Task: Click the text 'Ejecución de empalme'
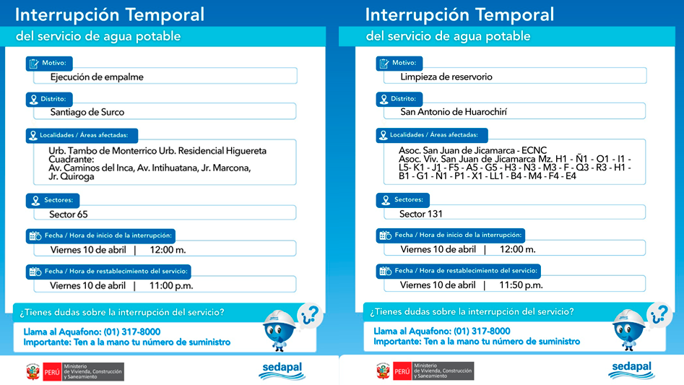(x=97, y=77)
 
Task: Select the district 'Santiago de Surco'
(x=87, y=112)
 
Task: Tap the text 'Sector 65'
(x=69, y=215)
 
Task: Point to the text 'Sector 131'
(x=421, y=214)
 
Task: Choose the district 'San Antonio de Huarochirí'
(x=454, y=112)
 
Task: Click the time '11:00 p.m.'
(x=171, y=285)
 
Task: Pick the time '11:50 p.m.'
(x=521, y=285)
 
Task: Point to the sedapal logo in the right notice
(x=631, y=370)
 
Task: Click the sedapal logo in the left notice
(x=282, y=370)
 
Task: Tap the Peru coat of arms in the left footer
(x=33, y=371)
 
